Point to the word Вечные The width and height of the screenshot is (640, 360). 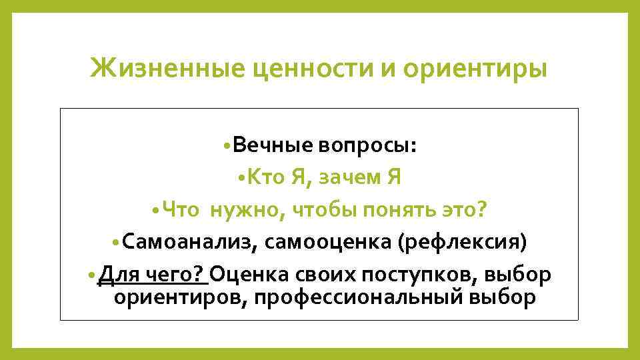(x=274, y=146)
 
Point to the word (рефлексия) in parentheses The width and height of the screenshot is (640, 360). (x=463, y=243)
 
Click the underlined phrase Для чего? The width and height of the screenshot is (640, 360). (x=151, y=275)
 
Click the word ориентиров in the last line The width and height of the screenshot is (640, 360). (x=171, y=297)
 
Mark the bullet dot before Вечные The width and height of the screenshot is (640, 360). (x=229, y=147)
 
